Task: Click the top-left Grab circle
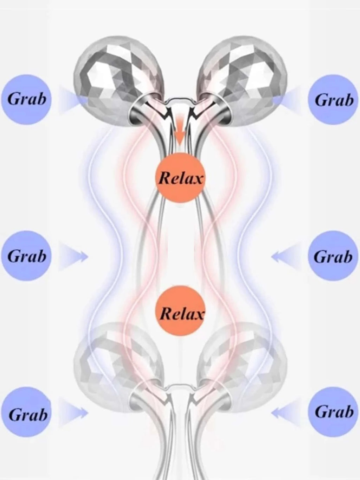[26, 99]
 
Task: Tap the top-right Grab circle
[333, 100]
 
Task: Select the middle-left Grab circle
[26, 256]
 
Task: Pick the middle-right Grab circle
[333, 256]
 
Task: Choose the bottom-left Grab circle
[27, 414]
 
